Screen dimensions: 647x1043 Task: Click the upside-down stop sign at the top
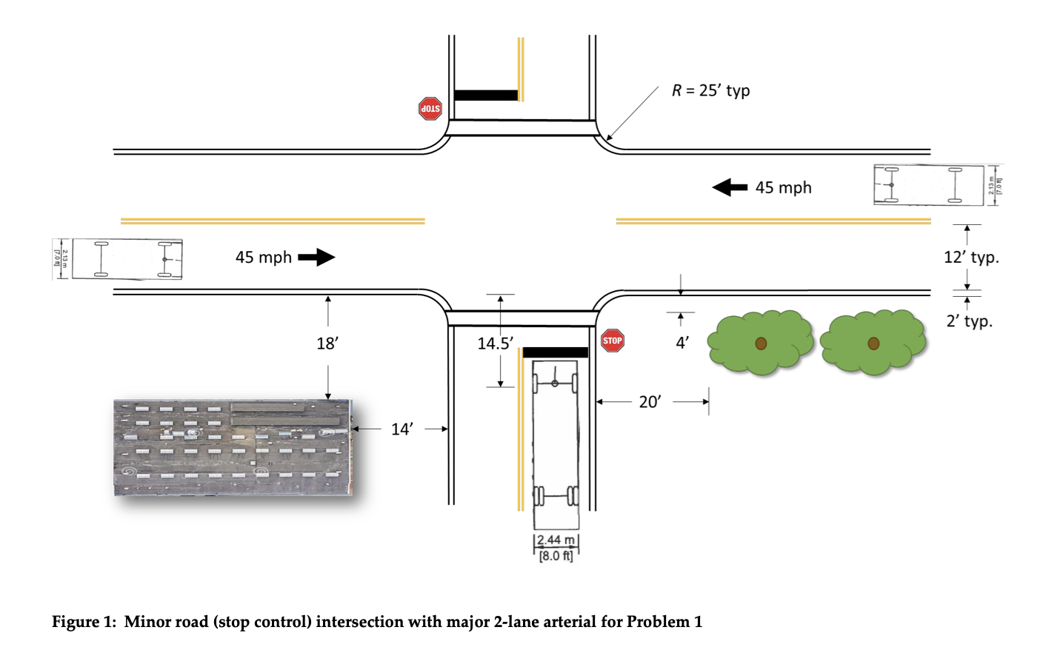tap(430, 109)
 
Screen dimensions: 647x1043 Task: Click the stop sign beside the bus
tap(613, 341)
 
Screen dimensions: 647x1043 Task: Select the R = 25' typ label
tap(710, 90)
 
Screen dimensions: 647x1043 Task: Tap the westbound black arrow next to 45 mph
tap(730, 187)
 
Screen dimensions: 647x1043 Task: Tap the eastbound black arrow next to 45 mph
tap(316, 257)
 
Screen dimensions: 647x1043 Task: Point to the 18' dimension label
tap(327, 343)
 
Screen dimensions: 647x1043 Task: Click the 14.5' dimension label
tap(495, 343)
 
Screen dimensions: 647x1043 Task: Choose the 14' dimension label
tap(401, 429)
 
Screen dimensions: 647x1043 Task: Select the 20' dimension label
tap(650, 402)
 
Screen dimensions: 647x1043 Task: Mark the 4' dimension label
tap(682, 342)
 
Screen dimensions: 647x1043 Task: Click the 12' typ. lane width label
tap(971, 258)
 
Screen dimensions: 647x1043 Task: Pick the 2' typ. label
tap(969, 321)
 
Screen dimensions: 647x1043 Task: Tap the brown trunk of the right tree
tap(873, 343)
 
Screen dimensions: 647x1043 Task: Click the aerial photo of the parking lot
tap(233, 447)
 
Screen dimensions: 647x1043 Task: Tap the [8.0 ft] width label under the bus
tap(556, 556)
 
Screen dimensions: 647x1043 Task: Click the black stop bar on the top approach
tap(485, 95)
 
